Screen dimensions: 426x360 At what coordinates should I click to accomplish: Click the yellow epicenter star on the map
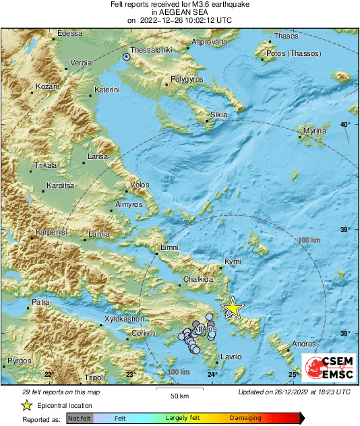[x=233, y=307]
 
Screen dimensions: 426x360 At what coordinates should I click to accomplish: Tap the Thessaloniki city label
[x=153, y=50]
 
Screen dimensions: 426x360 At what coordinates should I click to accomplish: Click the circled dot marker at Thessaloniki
[x=127, y=57]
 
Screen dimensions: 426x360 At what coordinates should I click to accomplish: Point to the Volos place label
[x=140, y=185]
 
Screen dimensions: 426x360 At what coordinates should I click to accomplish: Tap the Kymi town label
[x=233, y=260]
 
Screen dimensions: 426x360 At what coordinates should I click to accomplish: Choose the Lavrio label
[x=230, y=356]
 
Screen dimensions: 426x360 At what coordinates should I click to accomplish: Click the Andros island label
[x=305, y=343]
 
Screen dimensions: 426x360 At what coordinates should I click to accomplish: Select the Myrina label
[x=314, y=130]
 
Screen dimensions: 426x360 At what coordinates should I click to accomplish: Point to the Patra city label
[x=40, y=303]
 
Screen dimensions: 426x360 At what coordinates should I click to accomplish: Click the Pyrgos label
[x=19, y=361]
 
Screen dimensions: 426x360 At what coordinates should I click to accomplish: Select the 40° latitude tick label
[x=345, y=125]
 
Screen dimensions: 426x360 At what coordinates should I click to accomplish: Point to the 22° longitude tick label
[x=48, y=374]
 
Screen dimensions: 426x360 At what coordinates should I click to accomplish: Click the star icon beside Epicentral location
[x=26, y=405]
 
